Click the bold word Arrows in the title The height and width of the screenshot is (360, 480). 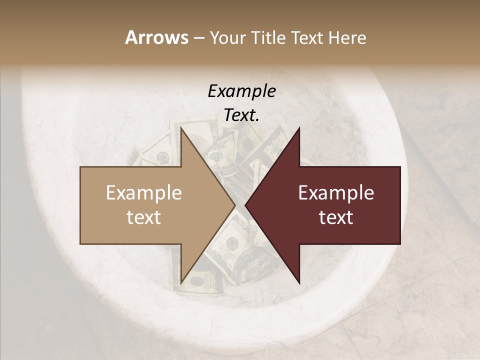coord(157,37)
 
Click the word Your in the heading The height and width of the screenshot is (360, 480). coord(226,38)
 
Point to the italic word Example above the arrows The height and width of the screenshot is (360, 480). coord(241,91)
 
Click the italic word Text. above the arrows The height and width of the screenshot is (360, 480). coord(241,115)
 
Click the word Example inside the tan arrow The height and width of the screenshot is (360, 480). coord(144,193)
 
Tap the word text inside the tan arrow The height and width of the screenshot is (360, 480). coord(144,217)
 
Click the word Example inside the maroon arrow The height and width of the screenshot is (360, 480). coord(336,193)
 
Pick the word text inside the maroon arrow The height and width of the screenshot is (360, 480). coord(336,217)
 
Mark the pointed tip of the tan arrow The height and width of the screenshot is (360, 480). coord(234,205)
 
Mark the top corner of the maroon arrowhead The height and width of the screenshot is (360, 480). coord(299,128)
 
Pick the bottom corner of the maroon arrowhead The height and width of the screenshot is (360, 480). coord(299,282)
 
